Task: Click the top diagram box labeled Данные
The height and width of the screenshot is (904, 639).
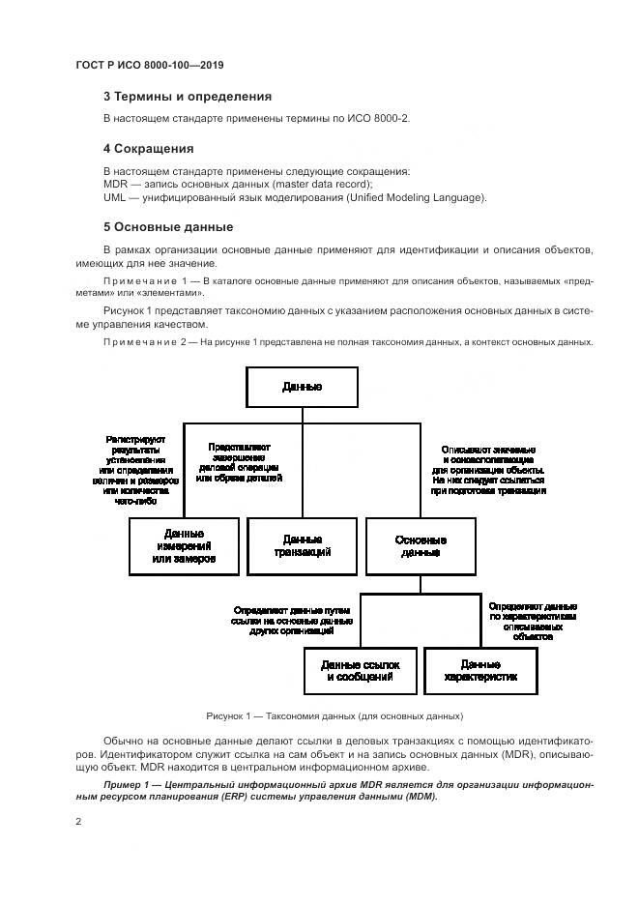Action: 303,388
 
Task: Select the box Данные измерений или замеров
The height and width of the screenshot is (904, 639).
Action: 184,546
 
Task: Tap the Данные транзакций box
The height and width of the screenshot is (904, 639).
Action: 303,546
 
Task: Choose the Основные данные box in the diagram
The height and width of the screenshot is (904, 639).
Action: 421,546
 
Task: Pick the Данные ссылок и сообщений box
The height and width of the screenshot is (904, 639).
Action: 360,671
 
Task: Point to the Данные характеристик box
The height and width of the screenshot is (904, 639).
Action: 479,671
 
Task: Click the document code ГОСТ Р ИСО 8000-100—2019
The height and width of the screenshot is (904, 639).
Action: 150,65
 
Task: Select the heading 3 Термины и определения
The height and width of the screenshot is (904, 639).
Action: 188,97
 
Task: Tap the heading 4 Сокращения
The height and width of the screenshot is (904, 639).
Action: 149,150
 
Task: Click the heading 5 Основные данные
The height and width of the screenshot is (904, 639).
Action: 168,228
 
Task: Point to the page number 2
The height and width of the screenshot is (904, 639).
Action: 79,822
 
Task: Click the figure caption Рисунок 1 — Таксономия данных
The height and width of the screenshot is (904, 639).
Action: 334,716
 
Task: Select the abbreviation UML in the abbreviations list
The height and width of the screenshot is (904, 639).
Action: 115,197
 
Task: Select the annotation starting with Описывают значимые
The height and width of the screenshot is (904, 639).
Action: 488,470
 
